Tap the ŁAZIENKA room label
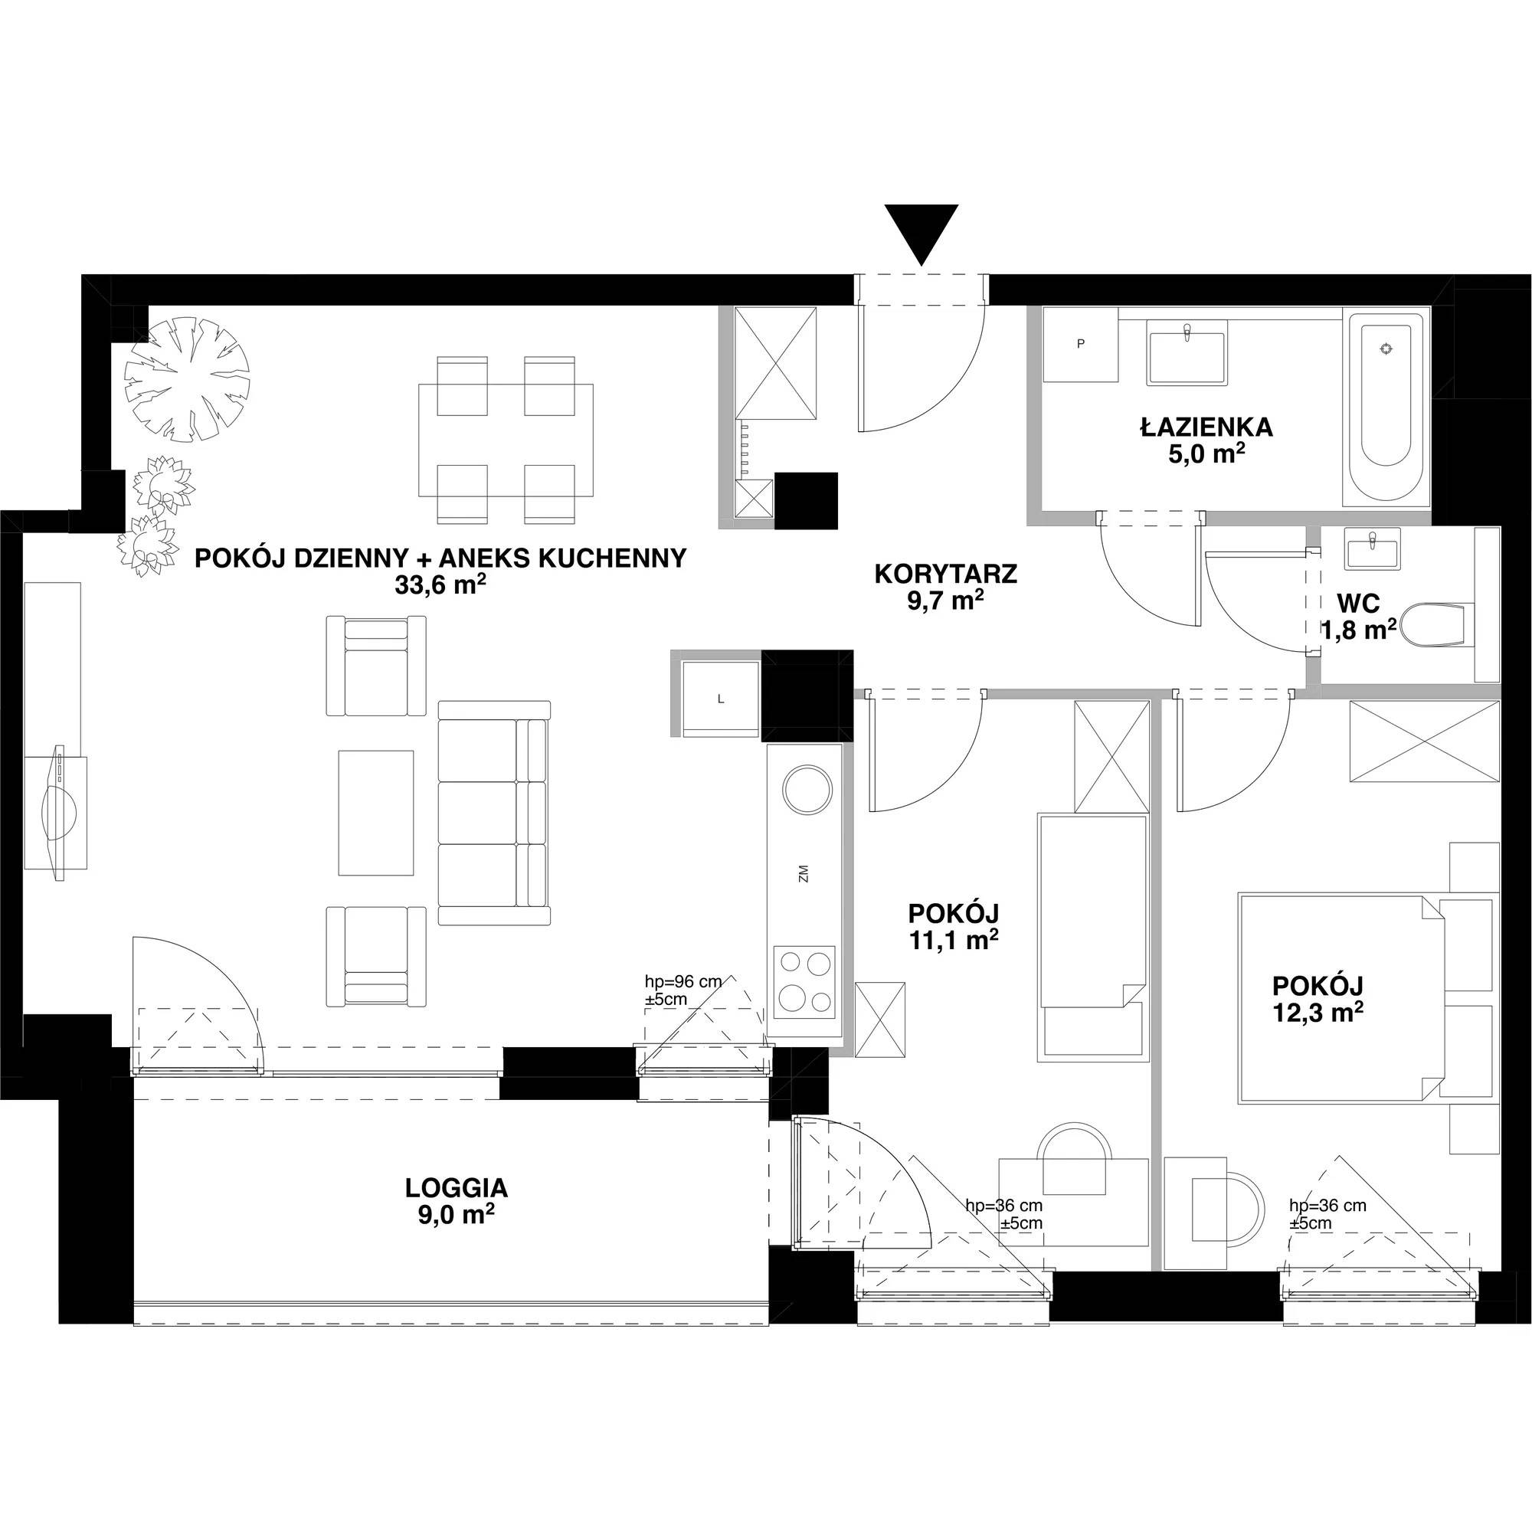coord(1207,427)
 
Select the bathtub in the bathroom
coord(1385,409)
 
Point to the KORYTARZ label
coord(945,574)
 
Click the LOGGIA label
coord(456,1188)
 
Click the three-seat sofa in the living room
coord(494,813)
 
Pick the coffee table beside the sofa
coord(376,813)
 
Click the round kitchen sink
coord(808,789)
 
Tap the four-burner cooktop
coord(805,982)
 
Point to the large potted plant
coord(187,380)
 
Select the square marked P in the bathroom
coord(1080,345)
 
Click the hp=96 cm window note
coord(683,990)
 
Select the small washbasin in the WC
coord(1373,548)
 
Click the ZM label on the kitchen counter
coord(804,876)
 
